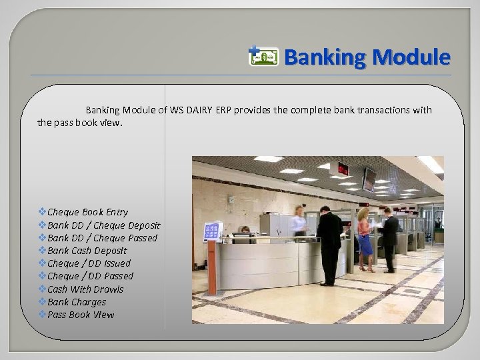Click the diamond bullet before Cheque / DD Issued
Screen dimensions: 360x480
(x=43, y=263)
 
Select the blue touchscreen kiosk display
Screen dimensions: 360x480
(x=213, y=231)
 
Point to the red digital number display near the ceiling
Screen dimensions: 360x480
(x=343, y=168)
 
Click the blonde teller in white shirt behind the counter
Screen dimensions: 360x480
(x=298, y=220)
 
